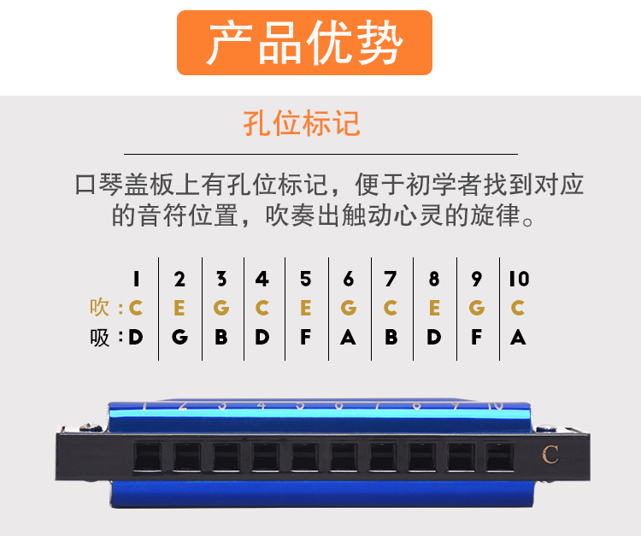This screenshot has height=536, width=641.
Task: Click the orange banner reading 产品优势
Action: (304, 43)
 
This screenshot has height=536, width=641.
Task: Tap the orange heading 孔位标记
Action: (302, 123)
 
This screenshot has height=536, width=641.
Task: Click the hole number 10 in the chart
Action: (519, 279)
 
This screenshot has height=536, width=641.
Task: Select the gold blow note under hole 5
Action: (305, 308)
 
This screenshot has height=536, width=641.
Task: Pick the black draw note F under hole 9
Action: (476, 338)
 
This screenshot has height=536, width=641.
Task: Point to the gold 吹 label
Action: (99, 307)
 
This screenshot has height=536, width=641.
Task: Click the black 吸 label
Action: (100, 338)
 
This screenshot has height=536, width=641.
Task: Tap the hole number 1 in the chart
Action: (136, 279)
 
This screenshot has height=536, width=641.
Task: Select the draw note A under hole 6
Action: (348, 338)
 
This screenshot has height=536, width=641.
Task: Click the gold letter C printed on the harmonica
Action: (550, 454)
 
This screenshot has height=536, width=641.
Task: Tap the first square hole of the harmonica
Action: (148, 457)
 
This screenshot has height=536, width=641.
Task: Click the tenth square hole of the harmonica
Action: (500, 457)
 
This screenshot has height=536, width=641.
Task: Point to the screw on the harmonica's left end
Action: (91, 427)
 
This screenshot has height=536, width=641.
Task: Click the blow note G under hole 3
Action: (221, 308)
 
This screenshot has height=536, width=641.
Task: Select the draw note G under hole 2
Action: (179, 338)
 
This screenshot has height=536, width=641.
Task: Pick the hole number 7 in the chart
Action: (391, 279)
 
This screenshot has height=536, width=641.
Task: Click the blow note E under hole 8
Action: (434, 308)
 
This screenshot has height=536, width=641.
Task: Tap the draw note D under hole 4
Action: (262, 338)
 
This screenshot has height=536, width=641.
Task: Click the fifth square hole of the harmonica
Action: (304, 457)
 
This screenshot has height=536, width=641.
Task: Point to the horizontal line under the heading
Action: (320, 154)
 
